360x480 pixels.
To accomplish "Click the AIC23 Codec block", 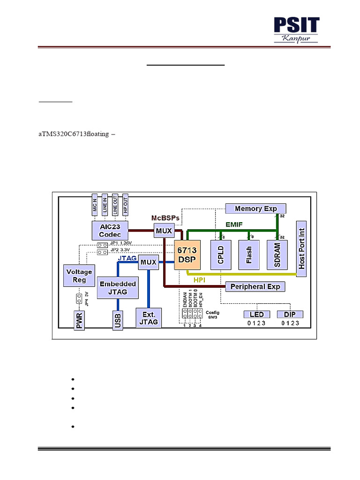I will coord(110,230).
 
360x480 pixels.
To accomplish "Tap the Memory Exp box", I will coord(255,209).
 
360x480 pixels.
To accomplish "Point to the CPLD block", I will coord(221,255).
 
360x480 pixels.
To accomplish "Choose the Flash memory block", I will coord(248,255).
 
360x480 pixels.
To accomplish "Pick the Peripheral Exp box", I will coord(255,286).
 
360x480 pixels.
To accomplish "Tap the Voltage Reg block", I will coord(79,276).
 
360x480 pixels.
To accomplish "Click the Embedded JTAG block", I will coord(118,288).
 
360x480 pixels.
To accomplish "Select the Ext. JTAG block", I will coord(149,318).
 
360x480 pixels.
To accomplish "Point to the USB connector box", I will coord(117,321).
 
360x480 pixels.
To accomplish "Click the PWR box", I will coord(79,321).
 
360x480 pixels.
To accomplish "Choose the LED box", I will coord(257,314).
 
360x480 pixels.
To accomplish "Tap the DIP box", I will coord(290,314).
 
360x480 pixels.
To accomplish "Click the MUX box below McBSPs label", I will coord(164,231).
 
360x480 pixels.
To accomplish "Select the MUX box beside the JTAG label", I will coord(148,262).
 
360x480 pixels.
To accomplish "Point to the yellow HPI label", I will coord(200,279).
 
